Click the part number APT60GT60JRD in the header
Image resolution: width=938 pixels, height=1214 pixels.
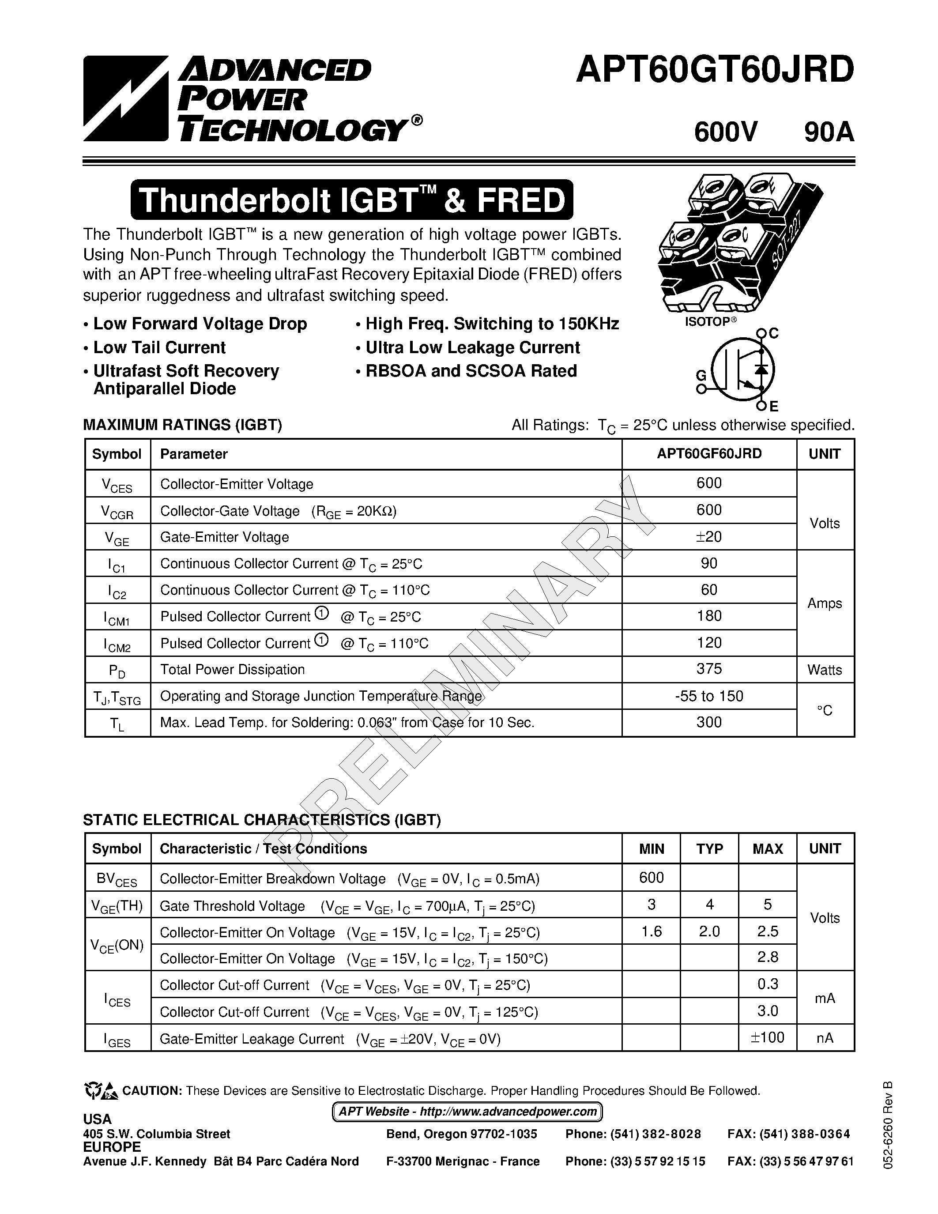tap(715, 71)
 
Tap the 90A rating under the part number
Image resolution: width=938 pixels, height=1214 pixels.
tap(828, 132)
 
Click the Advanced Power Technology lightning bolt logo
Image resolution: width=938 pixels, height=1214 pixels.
tap(125, 98)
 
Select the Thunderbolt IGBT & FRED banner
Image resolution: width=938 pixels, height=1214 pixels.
tap(351, 200)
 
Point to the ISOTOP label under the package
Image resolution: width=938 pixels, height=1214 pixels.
tap(710, 322)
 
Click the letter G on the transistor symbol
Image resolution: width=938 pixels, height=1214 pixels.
tap(701, 376)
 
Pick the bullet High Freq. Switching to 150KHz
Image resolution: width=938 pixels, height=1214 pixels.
tap(487, 324)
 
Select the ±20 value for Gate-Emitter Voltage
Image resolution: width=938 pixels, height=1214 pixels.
tap(708, 536)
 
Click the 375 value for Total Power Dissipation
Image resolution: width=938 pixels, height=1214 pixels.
tap(708, 669)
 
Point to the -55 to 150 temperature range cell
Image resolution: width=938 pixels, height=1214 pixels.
tap(708, 696)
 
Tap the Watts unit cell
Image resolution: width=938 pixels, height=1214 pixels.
tap(825, 670)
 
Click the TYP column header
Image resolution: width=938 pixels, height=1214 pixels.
tap(710, 849)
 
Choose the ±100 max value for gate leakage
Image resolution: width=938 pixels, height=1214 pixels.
tap(768, 1038)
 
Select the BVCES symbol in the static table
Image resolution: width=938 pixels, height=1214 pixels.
tap(117, 879)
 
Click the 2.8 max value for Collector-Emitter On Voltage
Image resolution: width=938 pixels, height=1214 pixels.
tap(768, 957)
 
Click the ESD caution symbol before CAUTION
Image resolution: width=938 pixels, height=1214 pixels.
tap(101, 1091)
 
